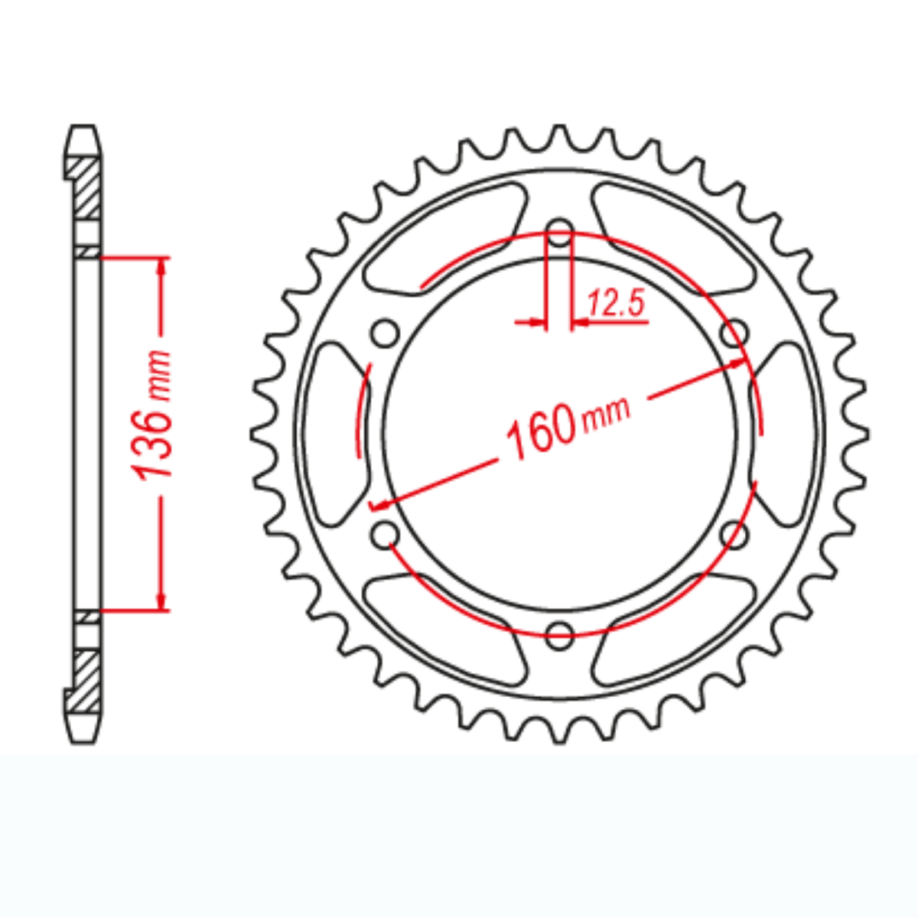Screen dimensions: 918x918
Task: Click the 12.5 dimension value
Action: coord(617,305)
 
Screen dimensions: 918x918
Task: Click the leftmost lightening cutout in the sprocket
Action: coord(334,433)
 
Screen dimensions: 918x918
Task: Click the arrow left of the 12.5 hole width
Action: coord(533,323)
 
